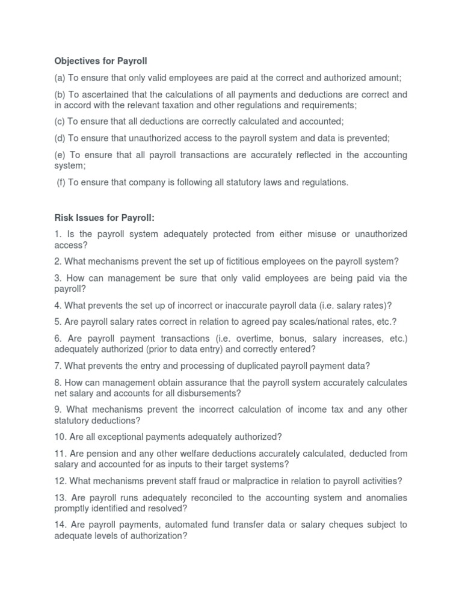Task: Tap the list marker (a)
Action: tap(60, 78)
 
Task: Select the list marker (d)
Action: tap(60, 138)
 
